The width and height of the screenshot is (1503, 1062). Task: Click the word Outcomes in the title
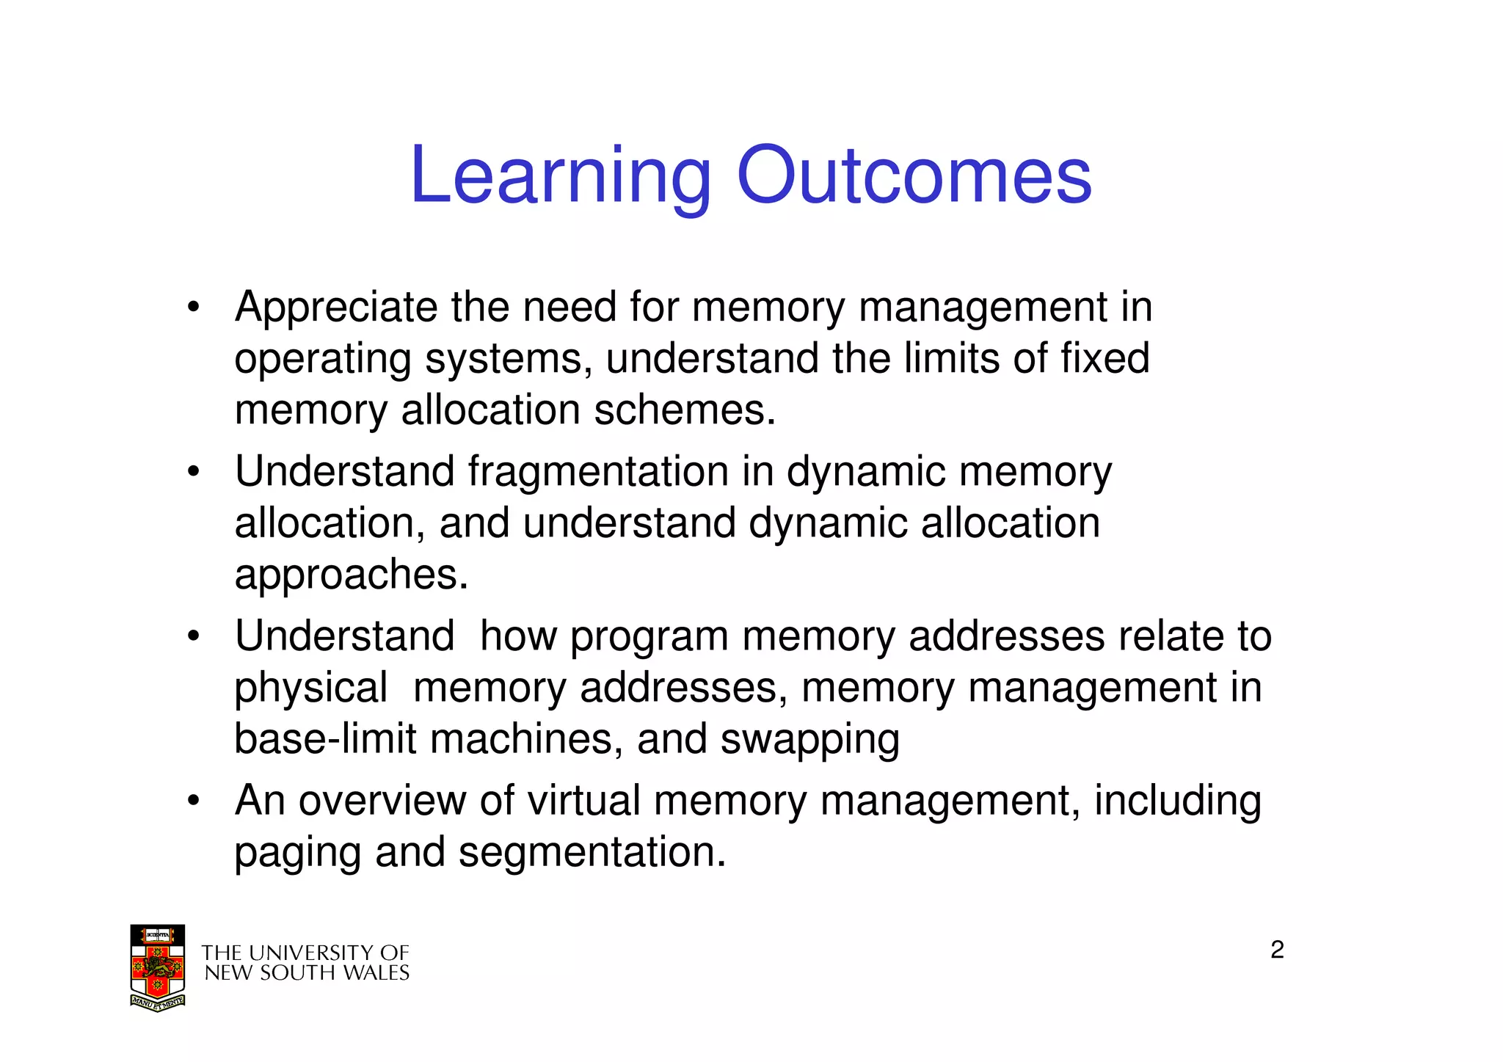click(x=914, y=176)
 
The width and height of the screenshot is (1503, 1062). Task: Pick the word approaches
click(x=351, y=575)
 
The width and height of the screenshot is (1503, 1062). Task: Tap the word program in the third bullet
click(x=649, y=636)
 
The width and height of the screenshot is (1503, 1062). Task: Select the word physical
click(x=310, y=688)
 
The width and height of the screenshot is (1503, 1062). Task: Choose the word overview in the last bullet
click(x=382, y=801)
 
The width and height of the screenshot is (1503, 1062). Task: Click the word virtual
click(x=584, y=801)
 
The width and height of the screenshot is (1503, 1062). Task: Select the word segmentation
click(x=592, y=853)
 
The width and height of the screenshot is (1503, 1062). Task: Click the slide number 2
click(x=1277, y=950)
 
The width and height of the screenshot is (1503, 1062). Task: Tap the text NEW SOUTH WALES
click(x=307, y=973)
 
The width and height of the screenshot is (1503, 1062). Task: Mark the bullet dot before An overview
click(x=193, y=801)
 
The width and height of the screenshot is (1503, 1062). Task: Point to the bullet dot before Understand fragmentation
click(x=193, y=472)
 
